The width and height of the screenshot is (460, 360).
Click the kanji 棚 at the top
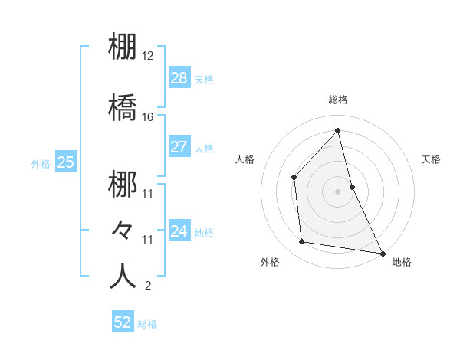123,46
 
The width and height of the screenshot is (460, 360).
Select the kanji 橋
123,106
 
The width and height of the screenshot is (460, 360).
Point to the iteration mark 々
123,229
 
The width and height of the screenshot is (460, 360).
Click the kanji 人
123,276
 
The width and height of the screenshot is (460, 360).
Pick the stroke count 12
148,57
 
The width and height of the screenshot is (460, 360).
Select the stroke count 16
148,117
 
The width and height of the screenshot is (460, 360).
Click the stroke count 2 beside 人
147,286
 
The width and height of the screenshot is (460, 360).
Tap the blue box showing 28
179,77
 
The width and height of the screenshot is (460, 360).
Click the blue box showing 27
179,147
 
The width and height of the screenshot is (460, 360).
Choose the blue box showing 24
179,231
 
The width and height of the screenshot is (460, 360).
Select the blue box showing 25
65,162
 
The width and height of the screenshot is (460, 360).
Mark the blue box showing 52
123,322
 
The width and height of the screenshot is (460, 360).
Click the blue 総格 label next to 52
147,324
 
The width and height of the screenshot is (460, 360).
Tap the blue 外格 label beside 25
41,163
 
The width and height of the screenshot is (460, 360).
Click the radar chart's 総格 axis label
338,100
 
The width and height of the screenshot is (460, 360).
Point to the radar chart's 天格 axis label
432,159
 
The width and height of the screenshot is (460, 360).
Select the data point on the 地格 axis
382,253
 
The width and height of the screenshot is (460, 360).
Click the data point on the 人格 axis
294,177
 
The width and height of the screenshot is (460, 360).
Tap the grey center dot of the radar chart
338,191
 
